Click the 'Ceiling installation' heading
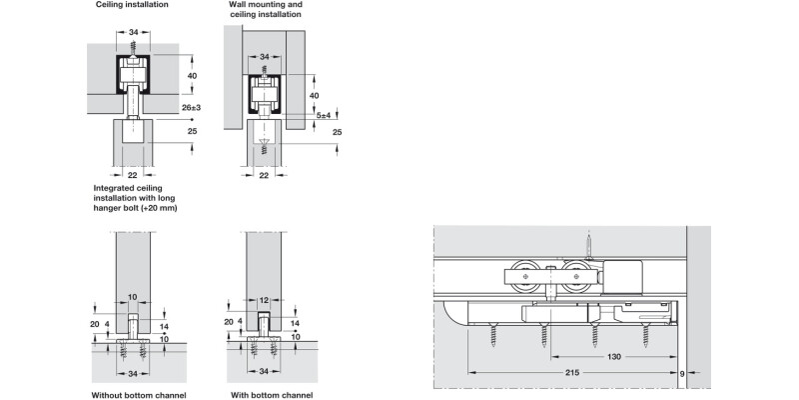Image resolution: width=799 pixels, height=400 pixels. pos(132,5)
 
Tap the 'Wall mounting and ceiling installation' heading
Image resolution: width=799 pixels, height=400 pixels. pos(266,10)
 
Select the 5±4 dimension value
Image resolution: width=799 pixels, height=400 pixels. pos(324,115)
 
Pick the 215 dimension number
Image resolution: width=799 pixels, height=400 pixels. pos(572,373)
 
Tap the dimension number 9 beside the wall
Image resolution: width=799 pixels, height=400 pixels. pos(682,374)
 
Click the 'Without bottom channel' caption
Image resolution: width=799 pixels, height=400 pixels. pos(140,394)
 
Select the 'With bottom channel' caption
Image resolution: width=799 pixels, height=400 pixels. pos(272,394)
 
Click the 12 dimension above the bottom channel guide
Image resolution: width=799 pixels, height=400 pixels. pos(264,298)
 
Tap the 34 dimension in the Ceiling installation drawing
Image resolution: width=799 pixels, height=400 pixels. pos(134,33)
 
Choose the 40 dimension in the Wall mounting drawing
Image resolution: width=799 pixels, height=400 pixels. pos(314,94)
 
